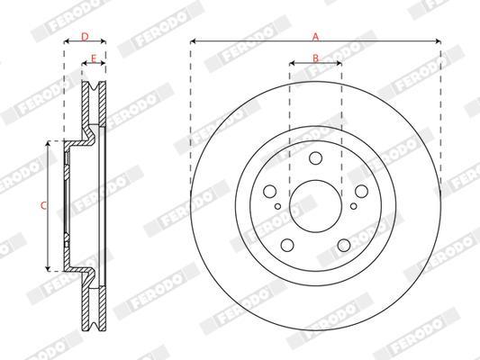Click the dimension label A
tap(315, 37)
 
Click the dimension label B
tap(315, 58)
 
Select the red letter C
tap(44, 205)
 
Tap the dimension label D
tap(85, 37)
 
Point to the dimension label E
tap(94, 58)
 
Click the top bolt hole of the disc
tap(315, 158)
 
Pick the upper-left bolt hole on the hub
tap(270, 191)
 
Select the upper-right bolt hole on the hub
tap(361, 191)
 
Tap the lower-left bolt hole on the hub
tap(287, 245)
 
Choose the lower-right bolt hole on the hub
tap(344, 245)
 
